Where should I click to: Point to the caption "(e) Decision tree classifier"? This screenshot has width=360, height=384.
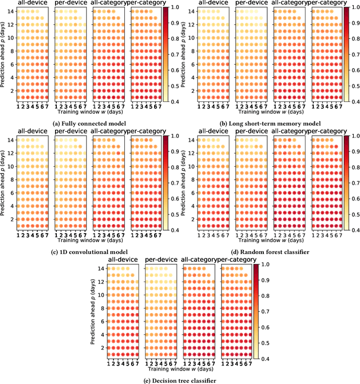[x=173, y=379]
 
